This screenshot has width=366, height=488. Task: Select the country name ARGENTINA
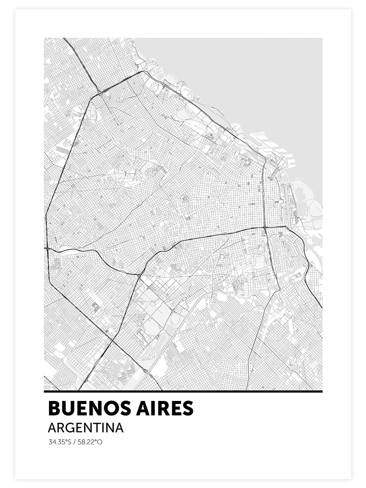[86, 428]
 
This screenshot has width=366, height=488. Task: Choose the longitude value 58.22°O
[91, 442]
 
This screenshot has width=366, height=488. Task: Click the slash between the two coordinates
[73, 442]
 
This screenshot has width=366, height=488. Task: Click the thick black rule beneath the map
[183, 392]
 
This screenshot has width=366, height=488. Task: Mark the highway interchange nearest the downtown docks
[266, 228]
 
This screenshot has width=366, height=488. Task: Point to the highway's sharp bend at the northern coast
[144, 72]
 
